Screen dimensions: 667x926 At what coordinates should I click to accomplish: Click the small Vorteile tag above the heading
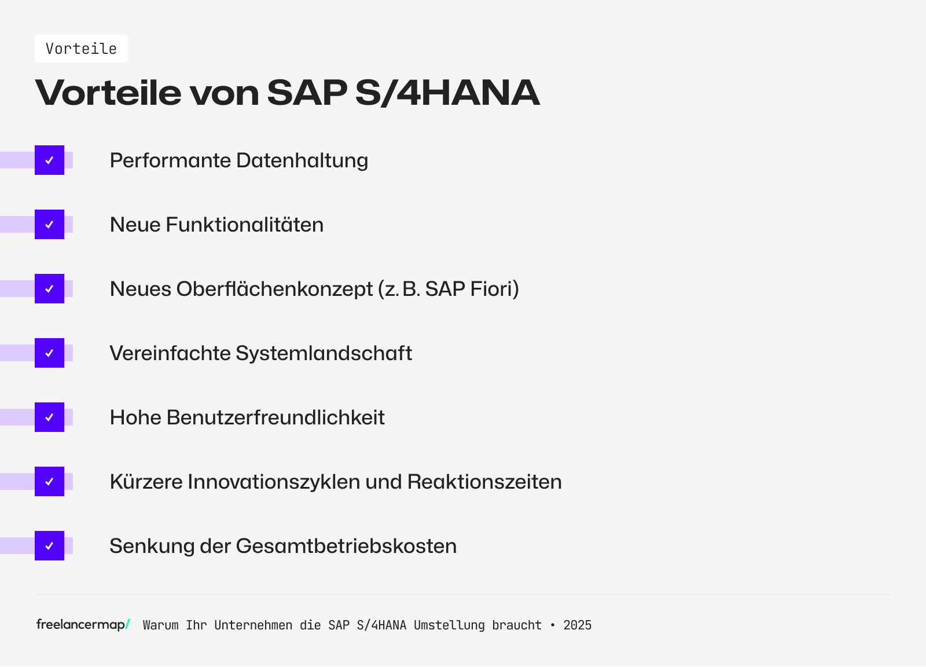81,49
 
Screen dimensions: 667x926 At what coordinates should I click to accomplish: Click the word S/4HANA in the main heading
447,93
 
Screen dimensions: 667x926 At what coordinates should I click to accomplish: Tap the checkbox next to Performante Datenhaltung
49,160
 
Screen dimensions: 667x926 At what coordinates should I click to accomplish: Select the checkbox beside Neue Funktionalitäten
49,225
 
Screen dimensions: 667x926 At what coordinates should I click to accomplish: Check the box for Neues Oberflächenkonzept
49,289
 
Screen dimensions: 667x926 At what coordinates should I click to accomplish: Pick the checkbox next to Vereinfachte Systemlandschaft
49,353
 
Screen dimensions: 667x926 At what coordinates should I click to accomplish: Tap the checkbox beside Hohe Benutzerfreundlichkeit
49,417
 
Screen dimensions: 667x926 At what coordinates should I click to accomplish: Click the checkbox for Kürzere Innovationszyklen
49,482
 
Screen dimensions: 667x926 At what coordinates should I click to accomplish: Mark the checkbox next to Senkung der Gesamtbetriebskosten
49,546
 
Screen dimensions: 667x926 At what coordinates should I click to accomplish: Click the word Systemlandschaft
324,353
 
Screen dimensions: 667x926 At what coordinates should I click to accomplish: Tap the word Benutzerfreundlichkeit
275,417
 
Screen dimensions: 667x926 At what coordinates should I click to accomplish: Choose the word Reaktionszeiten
484,482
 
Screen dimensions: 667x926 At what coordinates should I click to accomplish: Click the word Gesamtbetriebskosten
346,546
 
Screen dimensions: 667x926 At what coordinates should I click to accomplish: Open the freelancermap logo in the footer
83,625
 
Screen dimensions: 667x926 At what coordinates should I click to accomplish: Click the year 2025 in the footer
577,625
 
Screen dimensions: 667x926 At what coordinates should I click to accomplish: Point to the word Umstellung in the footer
449,625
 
